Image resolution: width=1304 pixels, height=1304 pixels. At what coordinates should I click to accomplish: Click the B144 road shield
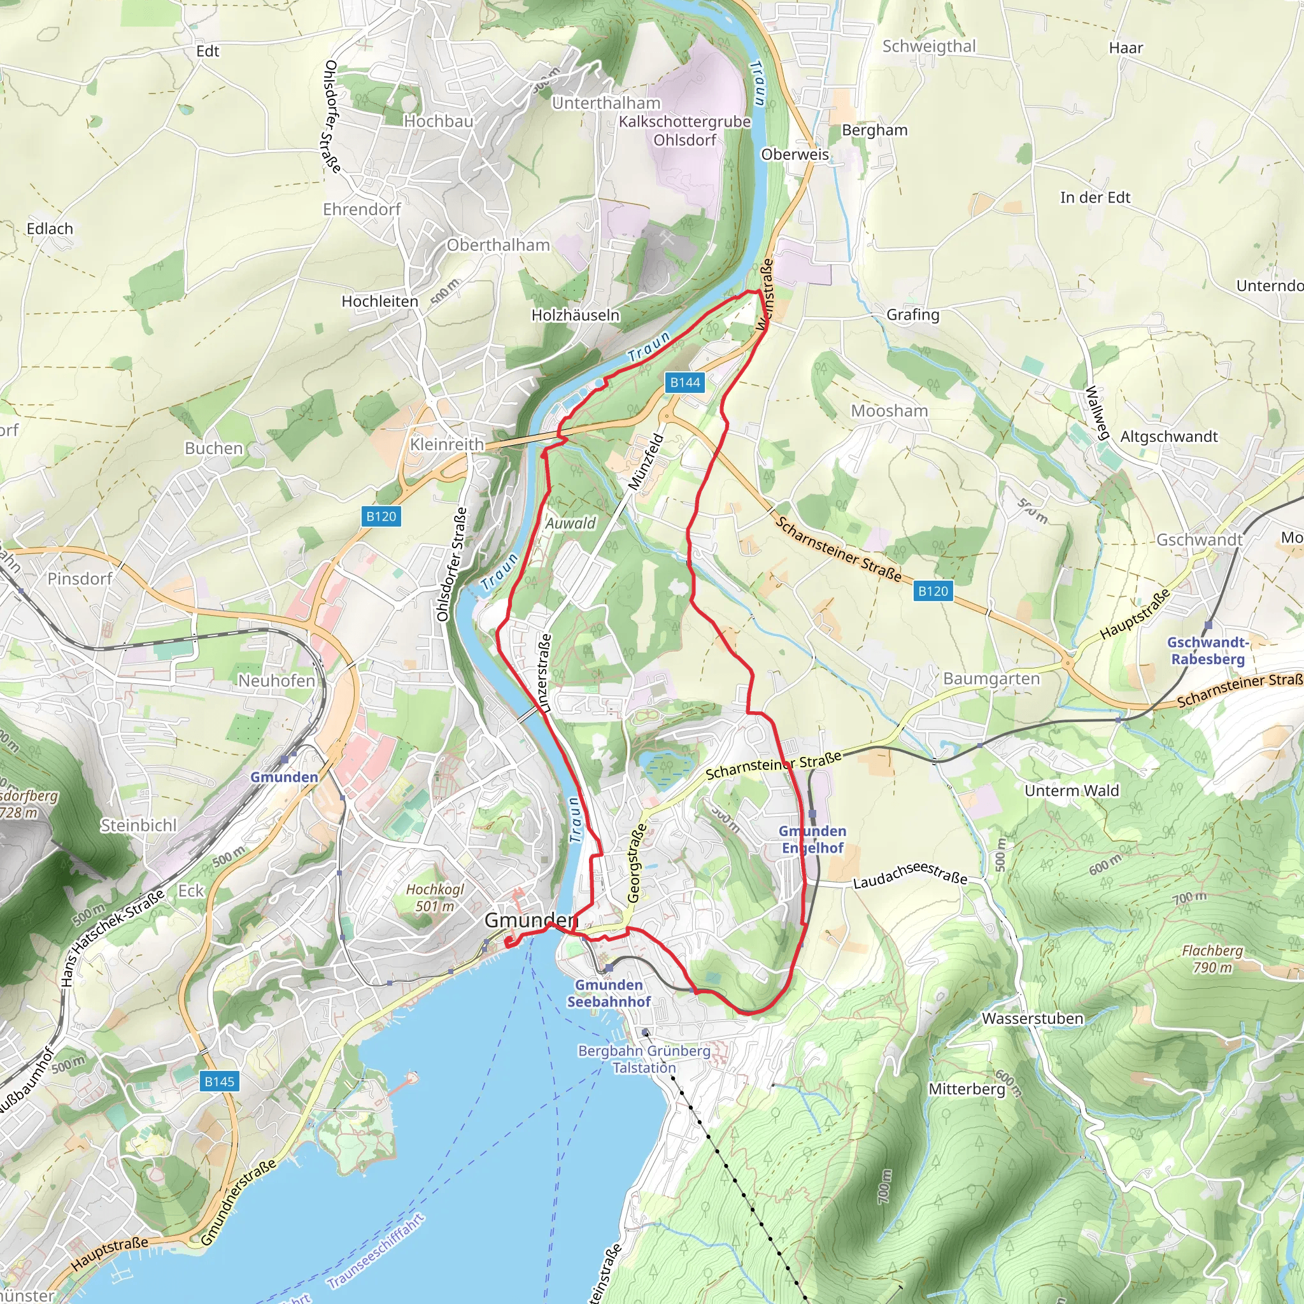[684, 383]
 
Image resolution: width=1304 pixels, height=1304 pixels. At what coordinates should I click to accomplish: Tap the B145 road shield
[220, 1081]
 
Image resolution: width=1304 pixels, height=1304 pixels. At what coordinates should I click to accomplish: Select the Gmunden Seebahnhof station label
[608, 993]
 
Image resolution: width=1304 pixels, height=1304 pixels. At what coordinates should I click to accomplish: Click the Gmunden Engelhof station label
[812, 839]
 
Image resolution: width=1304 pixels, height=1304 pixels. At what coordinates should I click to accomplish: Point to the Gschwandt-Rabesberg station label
[1207, 651]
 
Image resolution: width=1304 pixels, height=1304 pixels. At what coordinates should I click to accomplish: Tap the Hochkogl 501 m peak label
[435, 898]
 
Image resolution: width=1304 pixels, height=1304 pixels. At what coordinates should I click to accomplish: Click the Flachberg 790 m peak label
[1212, 958]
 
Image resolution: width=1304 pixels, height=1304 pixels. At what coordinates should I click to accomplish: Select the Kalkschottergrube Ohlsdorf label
[684, 131]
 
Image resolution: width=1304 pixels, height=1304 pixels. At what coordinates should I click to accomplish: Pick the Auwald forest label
[570, 523]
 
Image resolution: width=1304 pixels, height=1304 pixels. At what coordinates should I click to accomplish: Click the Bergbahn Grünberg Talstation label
[644, 1059]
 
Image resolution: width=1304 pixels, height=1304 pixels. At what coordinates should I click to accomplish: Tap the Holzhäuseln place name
[575, 315]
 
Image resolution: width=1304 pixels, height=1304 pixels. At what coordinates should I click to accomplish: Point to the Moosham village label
[889, 411]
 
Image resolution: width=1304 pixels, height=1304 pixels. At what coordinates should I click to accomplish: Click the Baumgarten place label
[991, 678]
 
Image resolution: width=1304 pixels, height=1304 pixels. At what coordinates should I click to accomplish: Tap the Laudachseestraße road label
[910, 874]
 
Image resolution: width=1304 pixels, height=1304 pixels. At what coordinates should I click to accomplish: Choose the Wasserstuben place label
[1032, 1019]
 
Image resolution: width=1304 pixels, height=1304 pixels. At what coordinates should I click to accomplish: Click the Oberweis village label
[795, 154]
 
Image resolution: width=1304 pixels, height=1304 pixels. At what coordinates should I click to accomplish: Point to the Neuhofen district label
[277, 681]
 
